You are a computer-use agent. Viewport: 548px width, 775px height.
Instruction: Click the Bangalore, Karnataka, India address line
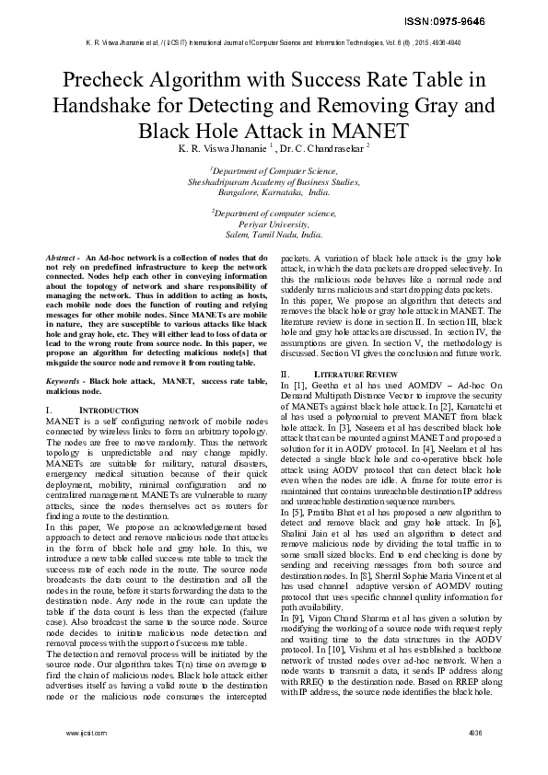[x=273, y=193]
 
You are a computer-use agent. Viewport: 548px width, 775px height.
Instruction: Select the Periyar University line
[x=273, y=224]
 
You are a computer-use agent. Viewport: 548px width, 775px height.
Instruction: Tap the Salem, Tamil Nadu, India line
[x=273, y=235]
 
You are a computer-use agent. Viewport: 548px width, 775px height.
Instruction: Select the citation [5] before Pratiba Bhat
[x=297, y=511]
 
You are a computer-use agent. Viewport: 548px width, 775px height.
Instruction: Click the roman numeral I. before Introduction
[x=48, y=408]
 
